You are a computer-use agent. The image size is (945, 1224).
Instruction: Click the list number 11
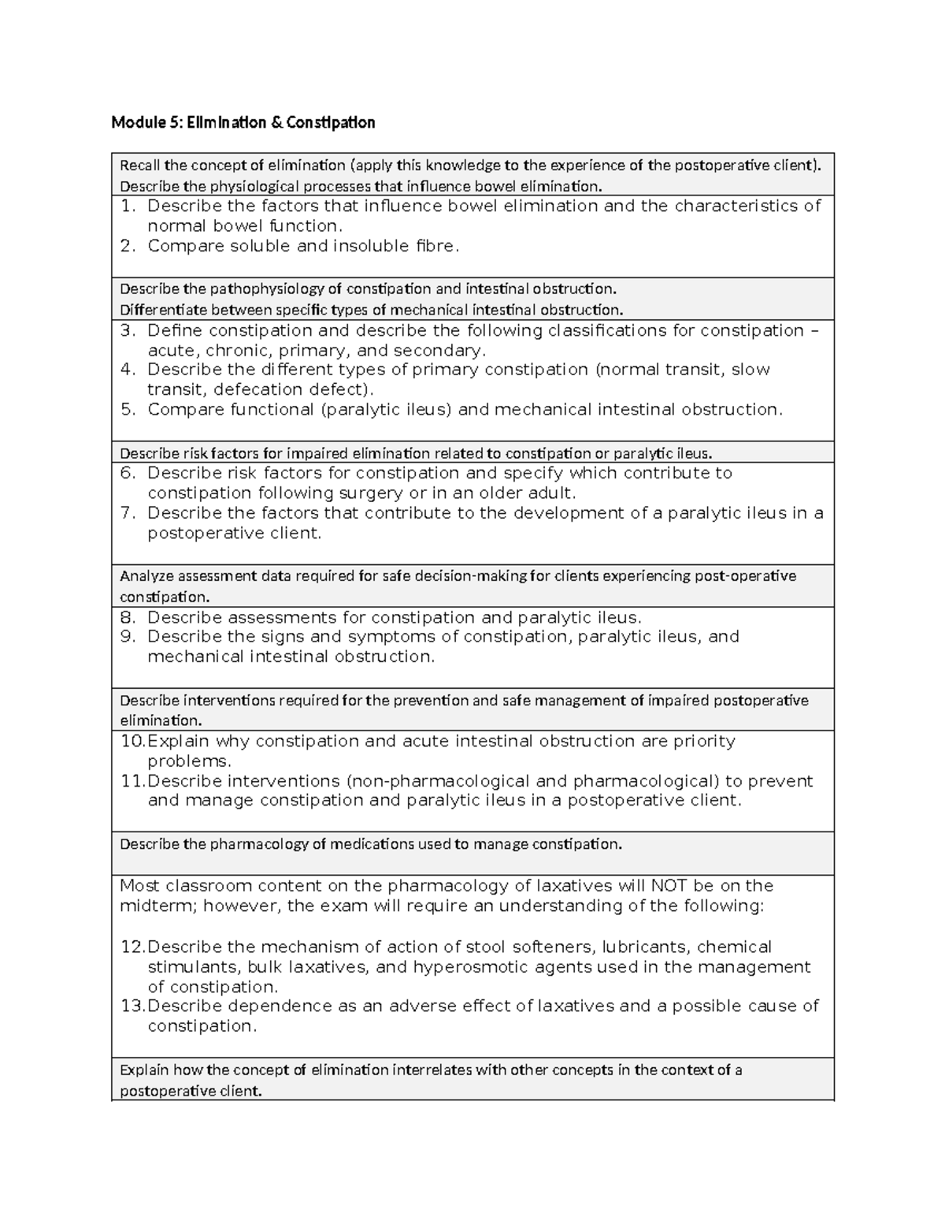tap(132, 781)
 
